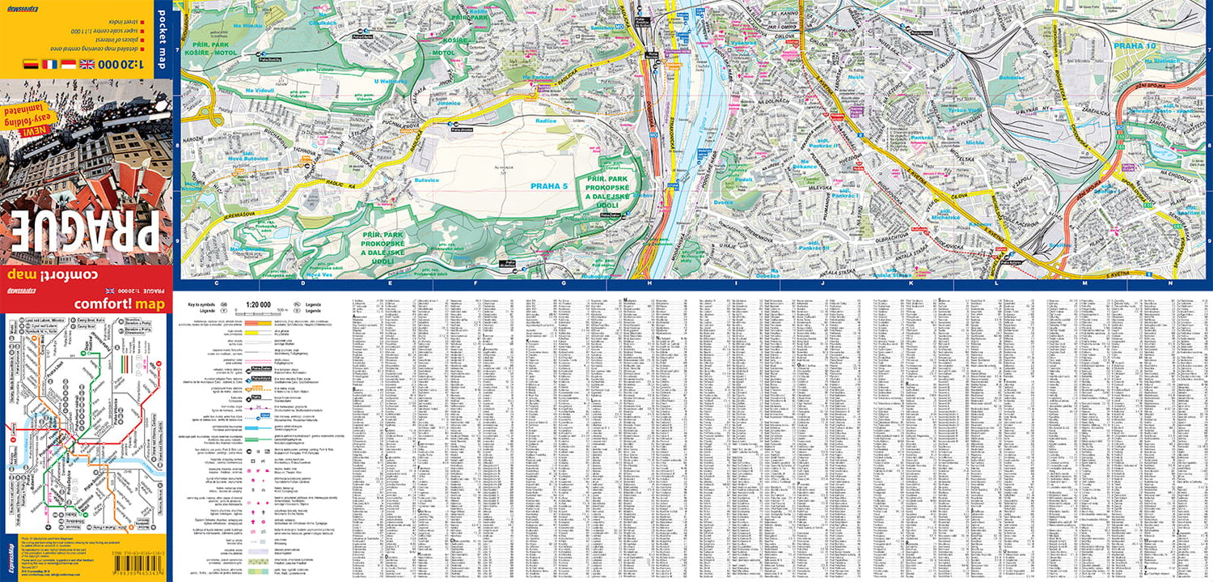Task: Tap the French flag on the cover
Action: [50, 64]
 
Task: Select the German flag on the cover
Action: [30, 64]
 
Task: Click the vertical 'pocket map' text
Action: [160, 39]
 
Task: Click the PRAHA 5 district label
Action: [549, 186]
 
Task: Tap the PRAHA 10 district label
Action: [1135, 46]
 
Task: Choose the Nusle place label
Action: [856, 78]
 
